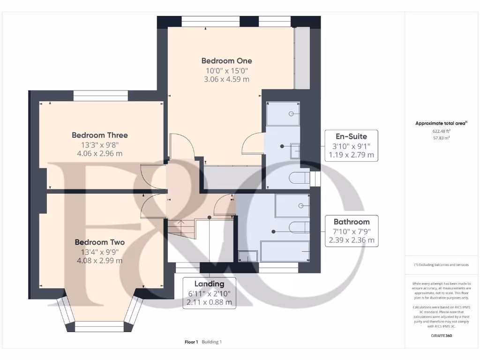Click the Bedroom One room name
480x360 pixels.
pyautogui.click(x=226, y=60)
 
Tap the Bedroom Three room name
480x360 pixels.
pyautogui.click(x=100, y=135)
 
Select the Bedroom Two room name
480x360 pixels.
pyautogui.click(x=100, y=242)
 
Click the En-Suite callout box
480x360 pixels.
pyautogui.click(x=352, y=146)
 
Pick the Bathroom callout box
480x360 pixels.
pyautogui.click(x=352, y=231)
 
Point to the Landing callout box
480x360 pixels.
pyautogui.click(x=210, y=293)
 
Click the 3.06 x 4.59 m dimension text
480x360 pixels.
pyautogui.click(x=226, y=79)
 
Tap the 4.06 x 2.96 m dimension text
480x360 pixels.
pyautogui.click(x=100, y=153)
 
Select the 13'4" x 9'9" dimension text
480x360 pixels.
pyautogui.click(x=100, y=252)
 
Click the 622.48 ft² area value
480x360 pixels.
pyautogui.click(x=442, y=131)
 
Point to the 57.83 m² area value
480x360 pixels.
pyautogui.click(x=442, y=138)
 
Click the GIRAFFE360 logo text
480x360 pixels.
pyautogui.click(x=442, y=336)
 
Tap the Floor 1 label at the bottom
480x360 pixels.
pyautogui.click(x=191, y=342)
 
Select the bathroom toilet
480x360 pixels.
pyautogui.click(x=300, y=227)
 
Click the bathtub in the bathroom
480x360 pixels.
pyautogui.click(x=285, y=251)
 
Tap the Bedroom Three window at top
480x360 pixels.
pyautogui.click(x=101, y=96)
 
